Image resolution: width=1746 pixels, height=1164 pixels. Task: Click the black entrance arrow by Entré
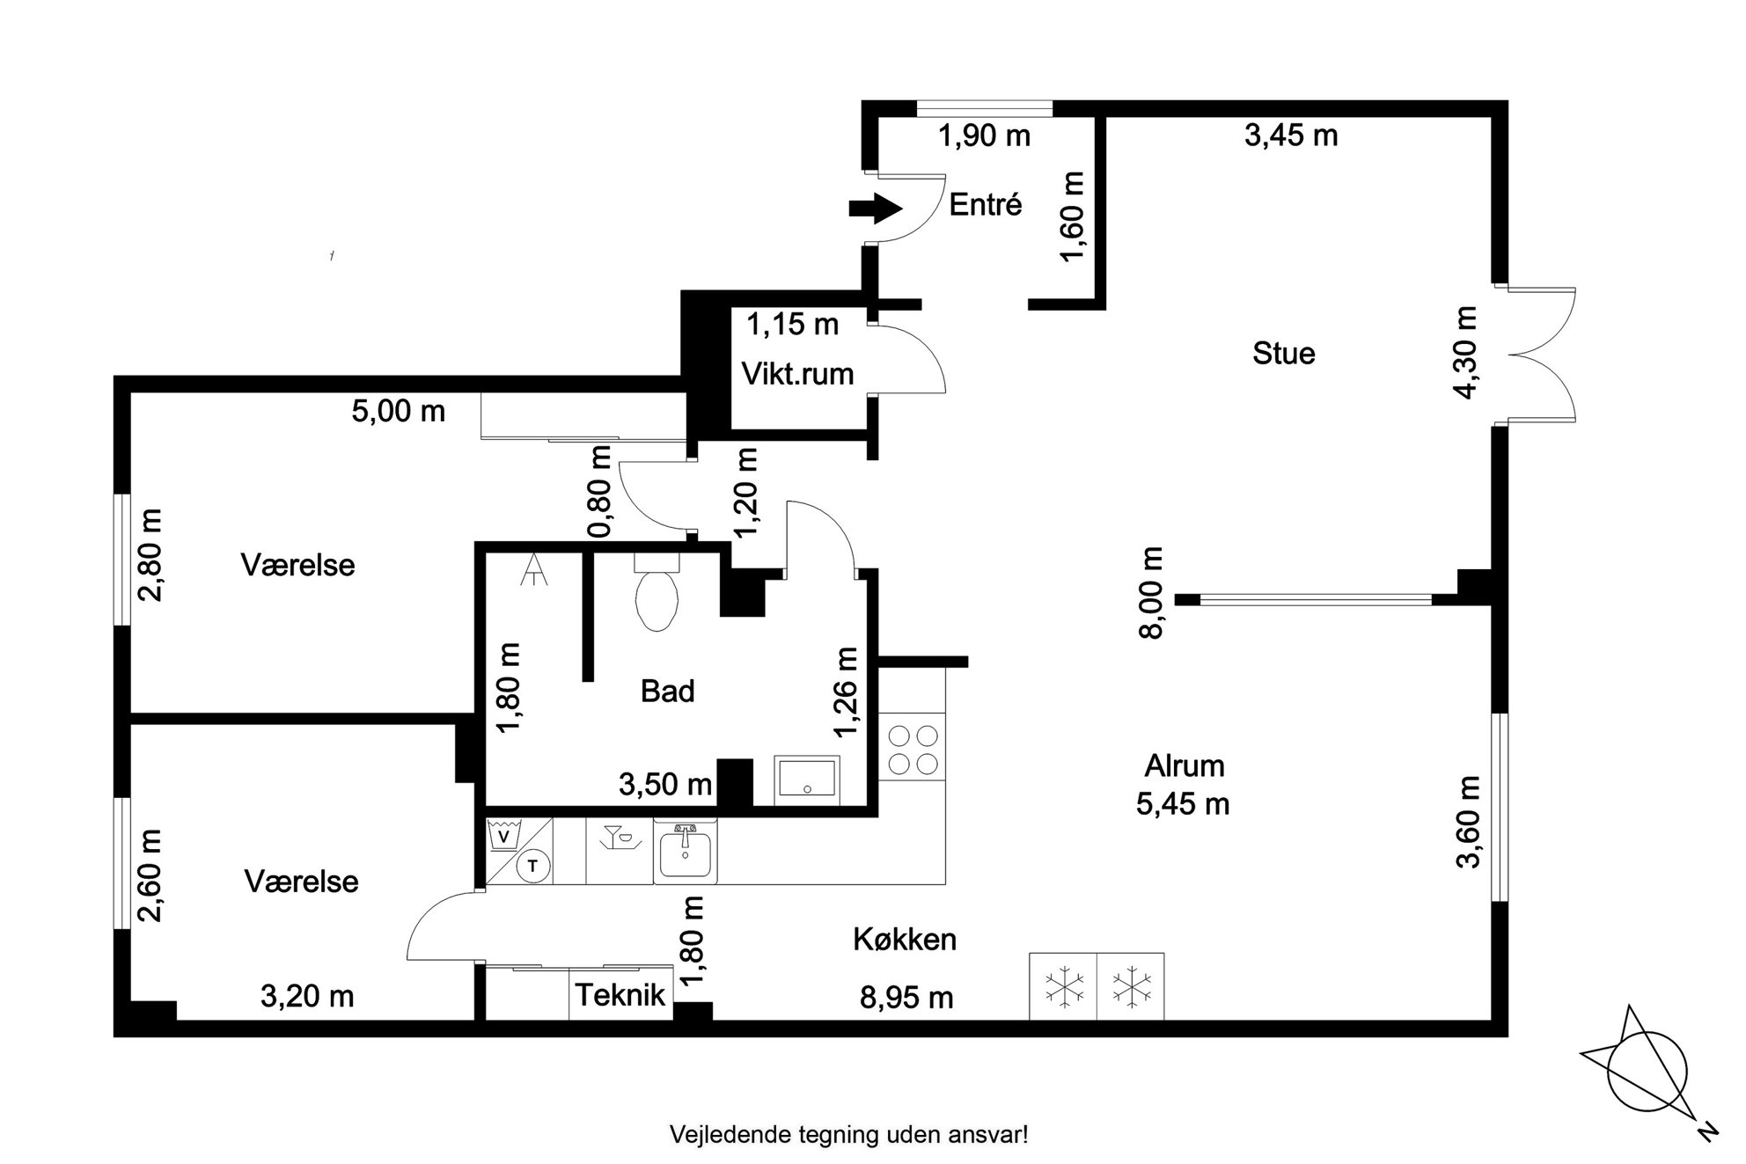[x=876, y=209]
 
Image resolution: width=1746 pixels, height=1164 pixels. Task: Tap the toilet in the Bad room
[x=657, y=591]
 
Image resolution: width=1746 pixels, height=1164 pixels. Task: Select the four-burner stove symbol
[x=913, y=750]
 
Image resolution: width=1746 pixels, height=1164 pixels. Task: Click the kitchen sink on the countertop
[x=685, y=852]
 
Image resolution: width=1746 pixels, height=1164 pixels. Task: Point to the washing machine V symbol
[x=503, y=835]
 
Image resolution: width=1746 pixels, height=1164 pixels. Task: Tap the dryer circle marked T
[x=532, y=866]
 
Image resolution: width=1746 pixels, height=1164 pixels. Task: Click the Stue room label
[x=1283, y=354]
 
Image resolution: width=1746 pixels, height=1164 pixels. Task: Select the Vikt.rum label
[x=797, y=374]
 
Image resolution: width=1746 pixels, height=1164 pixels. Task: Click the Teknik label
[x=620, y=995]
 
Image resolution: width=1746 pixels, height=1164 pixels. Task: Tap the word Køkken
[x=904, y=940]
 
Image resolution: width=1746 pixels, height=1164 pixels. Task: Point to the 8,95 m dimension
[x=906, y=998]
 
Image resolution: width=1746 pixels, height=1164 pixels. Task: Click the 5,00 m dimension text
[x=399, y=411]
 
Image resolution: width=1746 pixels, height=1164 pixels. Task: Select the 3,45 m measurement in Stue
[x=1291, y=135]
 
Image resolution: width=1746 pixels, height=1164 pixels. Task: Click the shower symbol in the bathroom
[x=533, y=569]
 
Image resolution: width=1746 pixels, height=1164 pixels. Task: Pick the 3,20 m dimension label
[x=307, y=997]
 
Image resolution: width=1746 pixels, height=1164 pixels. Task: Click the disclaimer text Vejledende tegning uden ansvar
[x=848, y=1135]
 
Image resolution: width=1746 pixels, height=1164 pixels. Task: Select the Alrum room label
[x=1184, y=766]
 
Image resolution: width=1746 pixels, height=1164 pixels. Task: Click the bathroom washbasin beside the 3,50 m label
[x=807, y=780]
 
